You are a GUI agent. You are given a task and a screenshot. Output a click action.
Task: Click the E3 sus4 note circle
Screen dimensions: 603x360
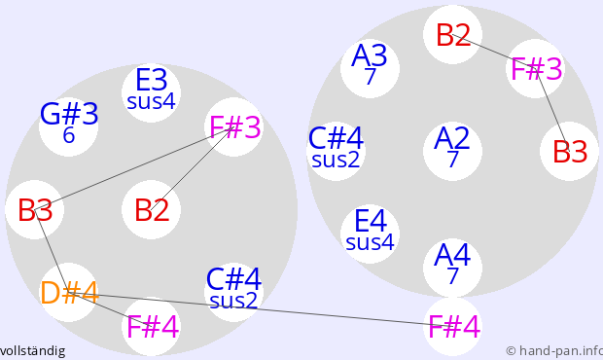click(x=151, y=92)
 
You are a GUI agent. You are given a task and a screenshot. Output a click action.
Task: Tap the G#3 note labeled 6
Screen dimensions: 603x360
click(x=68, y=126)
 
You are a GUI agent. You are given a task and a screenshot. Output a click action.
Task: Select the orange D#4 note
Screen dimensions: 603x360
click(x=68, y=292)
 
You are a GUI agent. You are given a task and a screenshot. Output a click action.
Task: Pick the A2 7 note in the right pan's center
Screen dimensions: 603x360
click(x=452, y=151)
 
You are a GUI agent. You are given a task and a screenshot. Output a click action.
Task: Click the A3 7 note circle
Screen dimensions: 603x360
click(x=370, y=68)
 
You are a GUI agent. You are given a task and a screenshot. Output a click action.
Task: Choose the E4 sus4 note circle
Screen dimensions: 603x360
click(x=370, y=234)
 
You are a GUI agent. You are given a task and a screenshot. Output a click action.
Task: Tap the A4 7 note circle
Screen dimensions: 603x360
click(x=452, y=268)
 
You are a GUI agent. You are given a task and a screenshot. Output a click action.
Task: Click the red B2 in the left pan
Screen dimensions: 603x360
click(x=151, y=209)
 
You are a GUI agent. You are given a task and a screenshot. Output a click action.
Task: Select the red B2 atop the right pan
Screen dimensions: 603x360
click(x=452, y=35)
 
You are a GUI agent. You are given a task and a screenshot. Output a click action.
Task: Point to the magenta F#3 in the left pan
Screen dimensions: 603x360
click(x=233, y=126)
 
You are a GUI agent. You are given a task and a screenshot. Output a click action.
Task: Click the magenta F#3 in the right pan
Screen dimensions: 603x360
click(x=536, y=68)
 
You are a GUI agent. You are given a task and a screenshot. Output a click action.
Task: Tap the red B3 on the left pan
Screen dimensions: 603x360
click(x=35, y=209)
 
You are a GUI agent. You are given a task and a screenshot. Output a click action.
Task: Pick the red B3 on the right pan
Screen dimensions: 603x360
click(x=570, y=151)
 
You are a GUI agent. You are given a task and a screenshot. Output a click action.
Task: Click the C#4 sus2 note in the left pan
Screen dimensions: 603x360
click(x=233, y=292)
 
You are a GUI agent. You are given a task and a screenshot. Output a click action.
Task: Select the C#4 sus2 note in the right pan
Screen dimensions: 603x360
click(x=337, y=151)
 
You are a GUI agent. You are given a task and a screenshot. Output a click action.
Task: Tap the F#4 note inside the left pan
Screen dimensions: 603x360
click(x=151, y=326)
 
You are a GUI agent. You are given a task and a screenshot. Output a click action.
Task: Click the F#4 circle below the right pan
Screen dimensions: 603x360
click(x=452, y=326)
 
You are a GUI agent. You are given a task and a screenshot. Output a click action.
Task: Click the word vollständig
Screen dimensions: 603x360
click(x=32, y=351)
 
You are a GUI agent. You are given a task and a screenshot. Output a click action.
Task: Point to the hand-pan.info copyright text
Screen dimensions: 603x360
click(x=554, y=351)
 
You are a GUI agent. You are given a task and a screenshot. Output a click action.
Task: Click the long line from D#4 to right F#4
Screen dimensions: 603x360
click(x=261, y=309)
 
